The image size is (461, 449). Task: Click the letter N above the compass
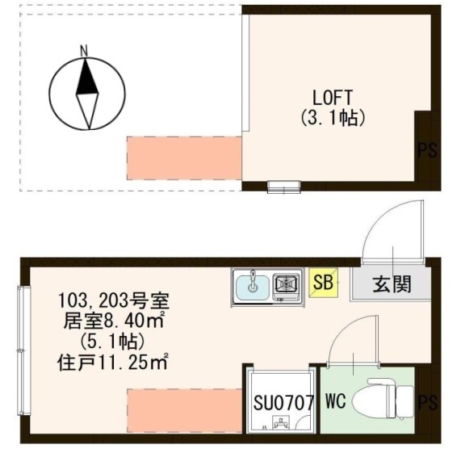coord(85,52)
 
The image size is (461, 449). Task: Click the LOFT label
coord(332,99)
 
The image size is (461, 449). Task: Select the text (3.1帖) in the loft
coord(333,118)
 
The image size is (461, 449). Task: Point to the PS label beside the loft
coord(428,150)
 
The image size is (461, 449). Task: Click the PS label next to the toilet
coord(428,402)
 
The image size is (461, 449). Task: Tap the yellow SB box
coord(323,283)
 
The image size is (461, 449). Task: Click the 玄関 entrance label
coord(392,284)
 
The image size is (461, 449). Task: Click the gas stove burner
coord(286,284)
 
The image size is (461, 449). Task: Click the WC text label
coord(336,401)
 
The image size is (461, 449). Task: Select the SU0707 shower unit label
coord(283,402)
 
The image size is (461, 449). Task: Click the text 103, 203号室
coord(114,300)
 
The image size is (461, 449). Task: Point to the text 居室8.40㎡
coord(114,321)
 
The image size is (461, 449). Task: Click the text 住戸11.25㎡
coord(113,363)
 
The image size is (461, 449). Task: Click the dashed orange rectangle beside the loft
coord(184,158)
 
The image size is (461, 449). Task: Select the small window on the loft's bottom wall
coord(283,187)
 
